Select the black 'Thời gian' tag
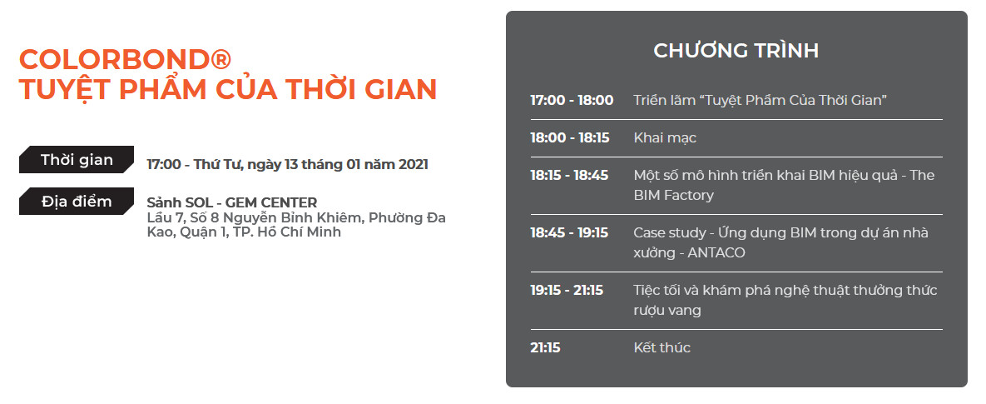[x=77, y=160]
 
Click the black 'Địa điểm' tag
[x=77, y=202]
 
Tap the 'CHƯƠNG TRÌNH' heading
[x=736, y=51]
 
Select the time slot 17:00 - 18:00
[x=572, y=100]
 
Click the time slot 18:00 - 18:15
[x=570, y=137]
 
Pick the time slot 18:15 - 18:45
[x=569, y=176]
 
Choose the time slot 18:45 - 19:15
[x=569, y=233]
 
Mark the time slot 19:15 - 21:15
[x=567, y=290]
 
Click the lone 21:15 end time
[x=545, y=347]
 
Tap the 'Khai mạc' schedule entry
[x=665, y=137]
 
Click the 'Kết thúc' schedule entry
[x=662, y=347]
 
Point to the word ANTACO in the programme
[x=716, y=253]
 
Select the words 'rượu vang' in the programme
[x=667, y=311]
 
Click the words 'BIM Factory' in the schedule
[x=673, y=196]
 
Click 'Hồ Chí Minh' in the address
[x=302, y=232]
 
